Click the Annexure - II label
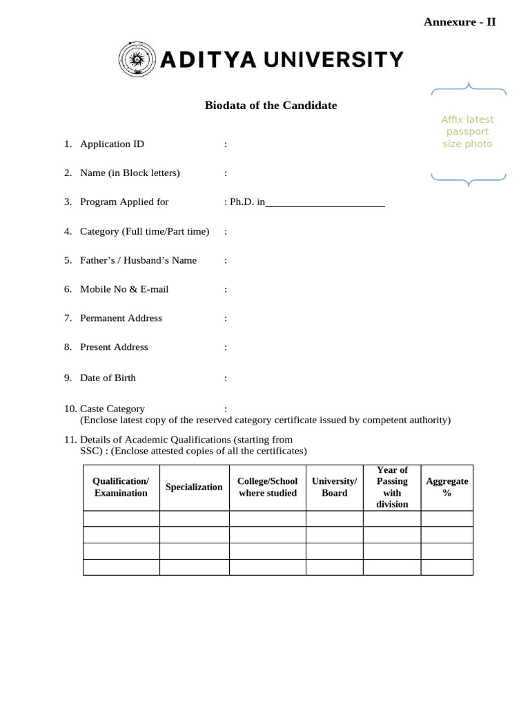coord(460,22)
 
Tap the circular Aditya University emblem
coord(137,59)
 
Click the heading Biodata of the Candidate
coord(271,106)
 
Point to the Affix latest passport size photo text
coord(467,132)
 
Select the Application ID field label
coord(112,144)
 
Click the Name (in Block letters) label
coord(130,173)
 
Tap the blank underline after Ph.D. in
coord(325,203)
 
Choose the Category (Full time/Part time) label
coord(144,231)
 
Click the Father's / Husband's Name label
coord(138,260)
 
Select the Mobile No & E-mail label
coord(124,289)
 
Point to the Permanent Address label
coord(121,318)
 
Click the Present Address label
coord(114,347)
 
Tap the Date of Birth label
coord(108,378)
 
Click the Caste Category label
coord(112,409)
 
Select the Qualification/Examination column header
coord(121,487)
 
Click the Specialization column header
coord(194,487)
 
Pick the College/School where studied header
coord(267,487)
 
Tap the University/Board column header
coord(334,487)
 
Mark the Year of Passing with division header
coord(392,487)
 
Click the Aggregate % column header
coord(446,487)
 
